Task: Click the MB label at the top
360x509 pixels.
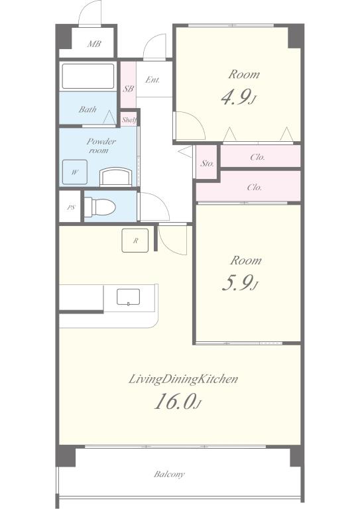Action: pos(94,44)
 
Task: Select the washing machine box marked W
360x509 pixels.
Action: pos(75,172)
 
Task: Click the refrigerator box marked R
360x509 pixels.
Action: pos(135,241)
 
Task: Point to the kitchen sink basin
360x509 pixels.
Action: pos(128,297)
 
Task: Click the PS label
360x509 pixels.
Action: pos(71,207)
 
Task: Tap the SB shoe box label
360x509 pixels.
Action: pos(128,89)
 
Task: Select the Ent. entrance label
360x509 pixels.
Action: pos(152,80)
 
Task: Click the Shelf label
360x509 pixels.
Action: pos(129,120)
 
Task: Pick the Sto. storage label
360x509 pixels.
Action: pos(207,163)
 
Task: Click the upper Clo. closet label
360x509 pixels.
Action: pos(257,158)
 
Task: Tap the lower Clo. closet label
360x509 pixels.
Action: pos(255,188)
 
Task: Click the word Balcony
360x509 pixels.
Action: pos(169,475)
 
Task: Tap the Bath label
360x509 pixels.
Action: pos(88,109)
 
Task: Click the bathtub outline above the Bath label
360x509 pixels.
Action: pos(88,76)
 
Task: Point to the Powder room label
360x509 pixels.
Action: pos(101,146)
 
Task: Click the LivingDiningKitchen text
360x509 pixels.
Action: pos(183,379)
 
